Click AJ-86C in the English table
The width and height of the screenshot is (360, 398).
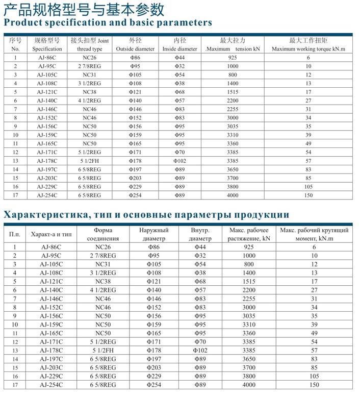click(x=47, y=58)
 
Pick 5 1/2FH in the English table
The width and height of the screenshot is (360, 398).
click(x=90, y=161)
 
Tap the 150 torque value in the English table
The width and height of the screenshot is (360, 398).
click(x=308, y=195)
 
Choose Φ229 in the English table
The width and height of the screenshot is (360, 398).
click(x=135, y=186)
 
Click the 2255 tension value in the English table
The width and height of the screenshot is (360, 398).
click(x=233, y=109)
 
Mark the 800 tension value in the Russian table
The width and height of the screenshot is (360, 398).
click(x=248, y=264)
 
